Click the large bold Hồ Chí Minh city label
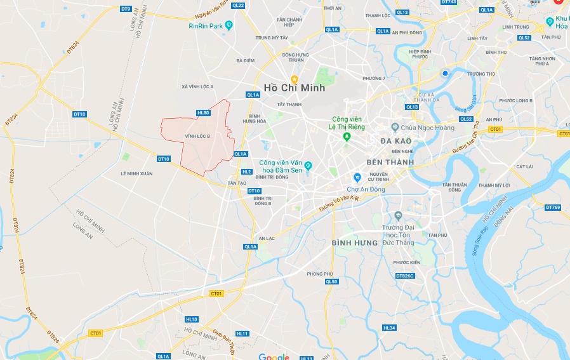point(295,88)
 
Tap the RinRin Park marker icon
point(230,25)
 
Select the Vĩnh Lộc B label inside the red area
point(198,136)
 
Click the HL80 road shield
point(203,112)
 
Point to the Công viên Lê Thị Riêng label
point(348,123)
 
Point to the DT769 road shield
point(553,207)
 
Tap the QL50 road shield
point(331,281)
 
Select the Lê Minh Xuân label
point(136,173)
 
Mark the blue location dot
point(446,74)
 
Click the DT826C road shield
point(405,276)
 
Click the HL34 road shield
point(389,328)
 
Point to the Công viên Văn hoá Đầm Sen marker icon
point(308,166)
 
